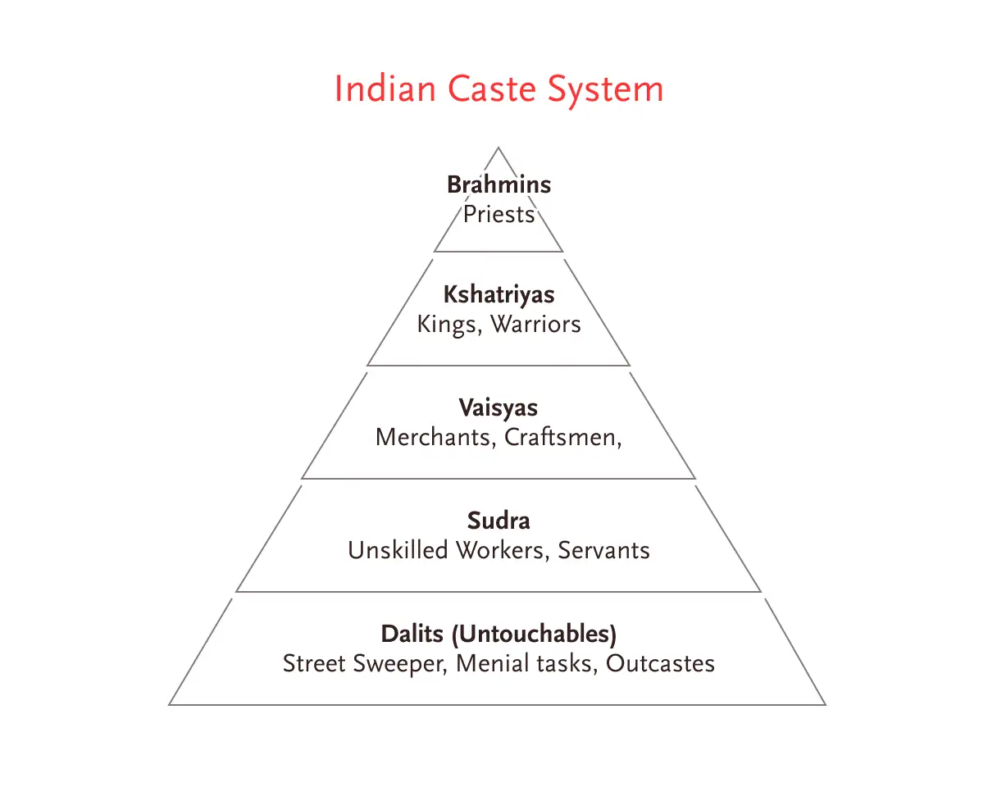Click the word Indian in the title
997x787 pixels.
coord(385,89)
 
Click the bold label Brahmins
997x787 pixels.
coord(498,184)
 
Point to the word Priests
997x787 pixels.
coord(498,215)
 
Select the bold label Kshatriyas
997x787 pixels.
coord(498,294)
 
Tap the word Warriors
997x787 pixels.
coord(535,325)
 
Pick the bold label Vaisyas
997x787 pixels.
coord(498,407)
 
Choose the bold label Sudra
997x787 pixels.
coord(498,521)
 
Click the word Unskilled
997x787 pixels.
coord(398,550)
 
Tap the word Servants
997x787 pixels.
coord(603,550)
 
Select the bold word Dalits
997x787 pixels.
coord(413,634)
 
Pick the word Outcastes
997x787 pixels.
coord(660,663)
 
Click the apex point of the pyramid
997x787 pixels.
coord(498,148)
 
